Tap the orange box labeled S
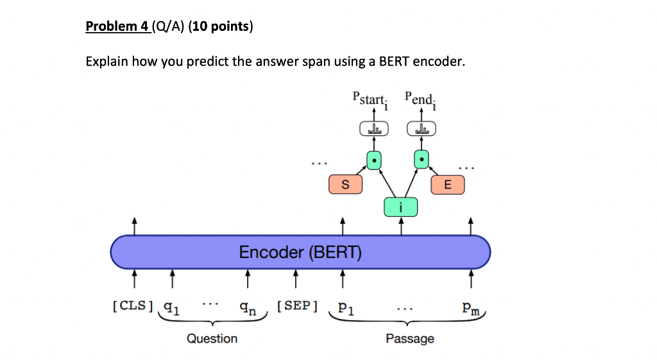345,185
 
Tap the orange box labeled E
447,185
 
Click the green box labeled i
400,207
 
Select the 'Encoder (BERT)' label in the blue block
300,252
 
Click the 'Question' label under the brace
212,338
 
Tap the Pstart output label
369,100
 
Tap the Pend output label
421,100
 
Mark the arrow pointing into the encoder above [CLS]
133,279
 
